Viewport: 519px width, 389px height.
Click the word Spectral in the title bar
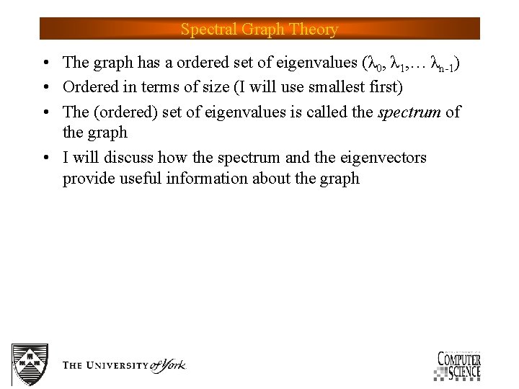pos(205,30)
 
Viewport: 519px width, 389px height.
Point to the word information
pos(206,179)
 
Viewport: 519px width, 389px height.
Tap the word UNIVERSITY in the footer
pos(120,366)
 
